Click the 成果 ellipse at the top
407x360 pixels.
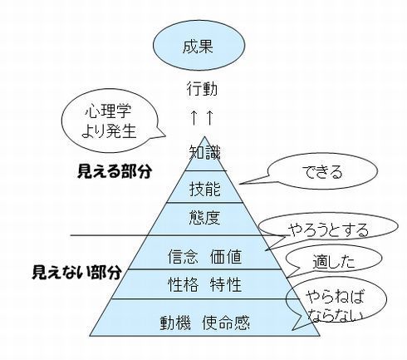[199, 47]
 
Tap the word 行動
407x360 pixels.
[202, 88]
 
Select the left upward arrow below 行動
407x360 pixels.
[194, 117]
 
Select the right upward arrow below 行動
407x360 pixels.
[209, 117]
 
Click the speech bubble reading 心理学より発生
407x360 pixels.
[110, 122]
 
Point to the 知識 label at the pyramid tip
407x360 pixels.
[205, 152]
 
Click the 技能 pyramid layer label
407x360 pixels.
[205, 189]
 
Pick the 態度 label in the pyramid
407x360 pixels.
[205, 217]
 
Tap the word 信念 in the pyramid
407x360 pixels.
[184, 256]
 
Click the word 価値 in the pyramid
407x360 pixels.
[226, 256]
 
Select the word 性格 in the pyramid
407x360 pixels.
[184, 284]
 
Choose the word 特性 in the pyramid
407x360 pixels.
[226, 284]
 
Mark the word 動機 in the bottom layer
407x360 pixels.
[175, 323]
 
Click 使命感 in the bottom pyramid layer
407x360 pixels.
[226, 323]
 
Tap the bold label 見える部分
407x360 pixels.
[115, 171]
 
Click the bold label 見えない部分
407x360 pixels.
[76, 272]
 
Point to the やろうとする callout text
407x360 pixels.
[328, 230]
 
